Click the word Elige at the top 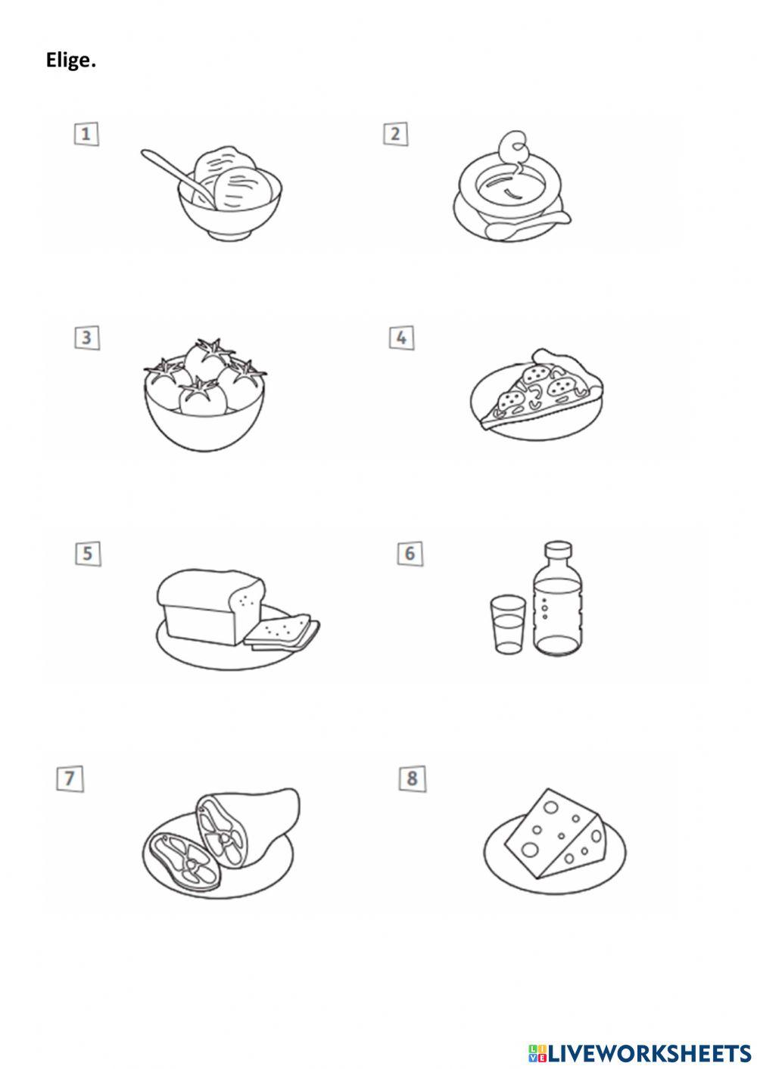point(70,61)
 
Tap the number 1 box point(86,134)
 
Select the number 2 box point(395,134)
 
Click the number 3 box point(86,337)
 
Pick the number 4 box point(401,337)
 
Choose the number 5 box point(88,553)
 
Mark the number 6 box point(410,553)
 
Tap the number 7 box point(70,778)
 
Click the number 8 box point(412,778)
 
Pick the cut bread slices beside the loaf point(282,632)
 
